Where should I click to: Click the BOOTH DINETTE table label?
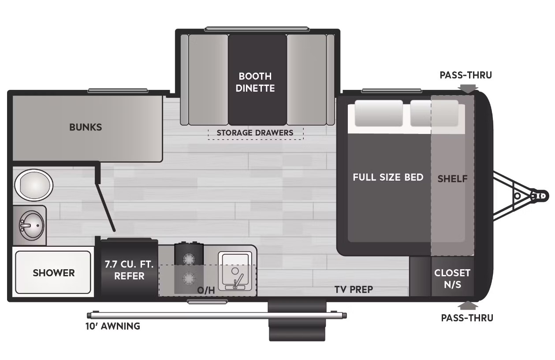pyautogui.click(x=255, y=82)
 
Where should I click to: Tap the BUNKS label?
pyautogui.click(x=86, y=127)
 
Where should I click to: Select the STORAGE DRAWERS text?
pyautogui.click(x=255, y=133)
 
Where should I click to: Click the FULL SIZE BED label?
pyautogui.click(x=388, y=177)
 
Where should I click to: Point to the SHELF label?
pyautogui.click(x=452, y=178)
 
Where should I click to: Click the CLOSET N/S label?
pyautogui.click(x=452, y=278)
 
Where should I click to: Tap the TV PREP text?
pyautogui.click(x=354, y=289)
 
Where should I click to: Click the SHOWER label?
pyautogui.click(x=53, y=273)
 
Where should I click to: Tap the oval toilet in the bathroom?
pyautogui.click(x=34, y=185)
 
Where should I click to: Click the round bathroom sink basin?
pyautogui.click(x=31, y=226)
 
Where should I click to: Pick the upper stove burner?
pyautogui.click(x=189, y=259)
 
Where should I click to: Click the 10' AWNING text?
pyautogui.click(x=113, y=327)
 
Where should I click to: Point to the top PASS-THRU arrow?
pyautogui.click(x=468, y=89)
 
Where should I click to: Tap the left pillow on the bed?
pyautogui.click(x=379, y=113)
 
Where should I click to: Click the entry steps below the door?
pyautogui.click(x=297, y=320)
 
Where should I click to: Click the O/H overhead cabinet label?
pyautogui.click(x=206, y=290)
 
